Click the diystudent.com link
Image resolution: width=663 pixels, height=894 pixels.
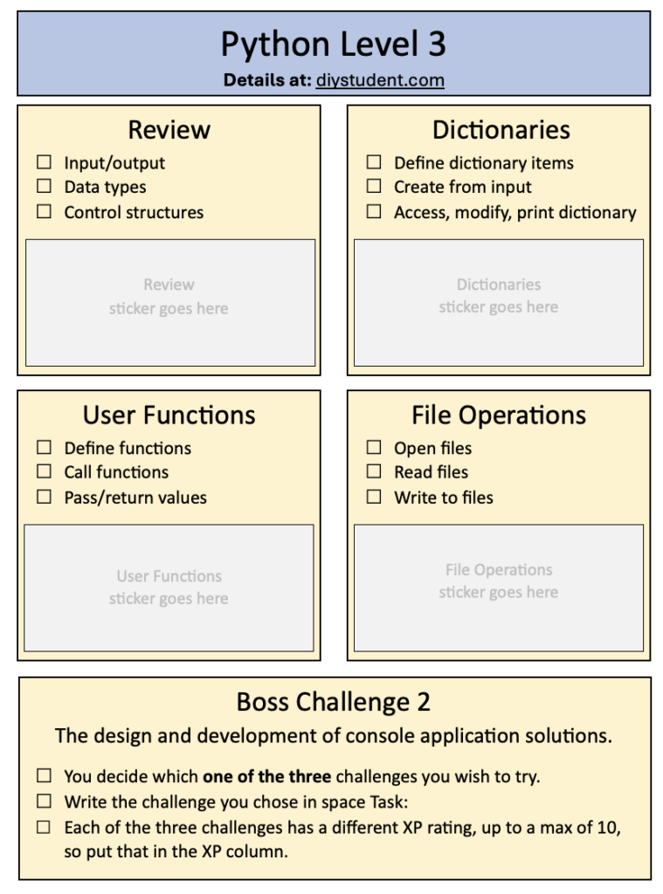380,79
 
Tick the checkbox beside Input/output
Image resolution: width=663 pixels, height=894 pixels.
44,162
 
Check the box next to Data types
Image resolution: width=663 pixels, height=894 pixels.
44,186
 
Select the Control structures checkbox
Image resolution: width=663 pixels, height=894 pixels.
44,211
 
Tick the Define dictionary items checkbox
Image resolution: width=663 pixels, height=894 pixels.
374,162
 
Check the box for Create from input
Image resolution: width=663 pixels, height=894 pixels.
374,186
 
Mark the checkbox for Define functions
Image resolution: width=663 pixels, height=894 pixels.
44,447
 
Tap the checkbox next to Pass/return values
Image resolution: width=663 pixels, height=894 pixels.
44,497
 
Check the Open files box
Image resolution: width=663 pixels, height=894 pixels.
374,447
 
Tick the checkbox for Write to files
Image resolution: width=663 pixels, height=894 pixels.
374,497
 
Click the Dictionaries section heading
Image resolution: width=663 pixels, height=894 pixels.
501,130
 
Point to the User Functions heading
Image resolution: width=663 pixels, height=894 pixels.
169,415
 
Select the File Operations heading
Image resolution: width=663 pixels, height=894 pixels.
499,416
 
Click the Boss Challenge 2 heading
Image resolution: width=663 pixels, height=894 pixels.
333,702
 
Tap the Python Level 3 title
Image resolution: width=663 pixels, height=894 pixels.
333,44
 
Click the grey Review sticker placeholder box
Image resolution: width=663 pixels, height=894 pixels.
170,303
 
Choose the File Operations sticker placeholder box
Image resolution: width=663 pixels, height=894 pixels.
499,588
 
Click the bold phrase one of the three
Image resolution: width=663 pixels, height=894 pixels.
267,776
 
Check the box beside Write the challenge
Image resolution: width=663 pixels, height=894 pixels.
44,801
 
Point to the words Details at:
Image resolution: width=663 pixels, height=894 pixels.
267,79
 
